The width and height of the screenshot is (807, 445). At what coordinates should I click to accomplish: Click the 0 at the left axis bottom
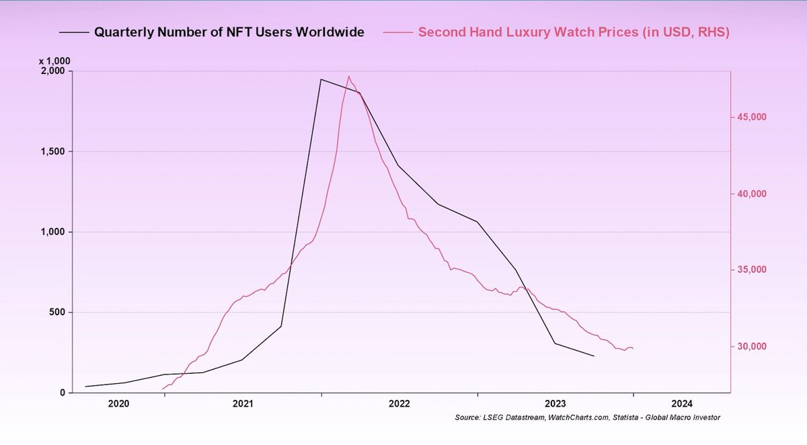click(x=61, y=393)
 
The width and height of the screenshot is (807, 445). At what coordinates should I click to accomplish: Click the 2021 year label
click(x=243, y=404)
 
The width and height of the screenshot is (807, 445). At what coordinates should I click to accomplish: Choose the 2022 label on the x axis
click(x=399, y=404)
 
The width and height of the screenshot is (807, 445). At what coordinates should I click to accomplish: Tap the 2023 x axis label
click(x=555, y=404)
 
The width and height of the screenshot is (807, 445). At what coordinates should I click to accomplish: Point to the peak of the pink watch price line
click(x=348, y=76)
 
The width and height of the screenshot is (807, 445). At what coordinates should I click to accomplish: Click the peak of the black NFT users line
click(x=321, y=79)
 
